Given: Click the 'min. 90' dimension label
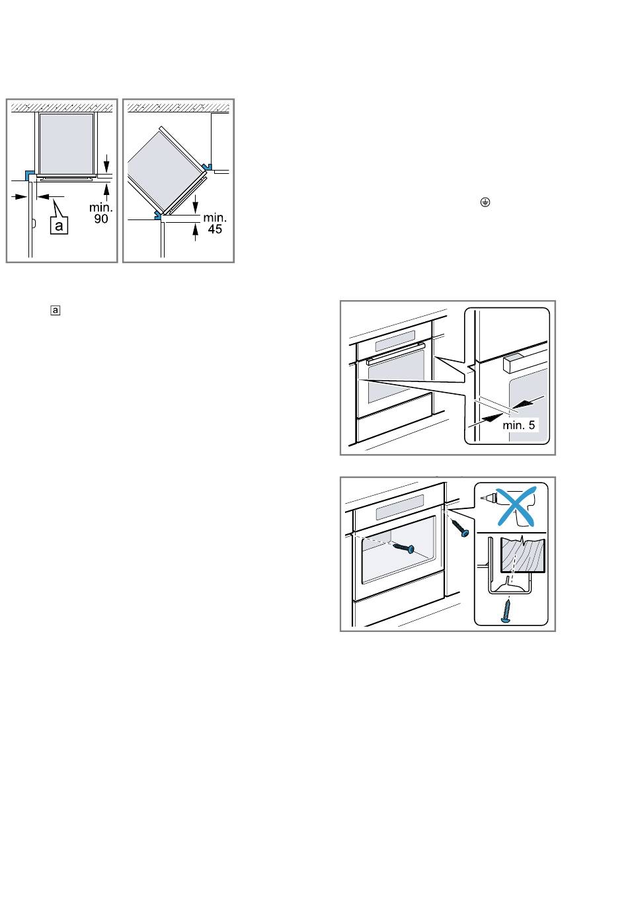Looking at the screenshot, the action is [x=100, y=213].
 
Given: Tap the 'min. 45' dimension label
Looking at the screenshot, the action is [x=215, y=223].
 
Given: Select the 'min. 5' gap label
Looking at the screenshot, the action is [x=518, y=425].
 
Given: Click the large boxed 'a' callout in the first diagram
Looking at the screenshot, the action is [x=59, y=225].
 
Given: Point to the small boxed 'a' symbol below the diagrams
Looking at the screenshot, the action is [x=56, y=311].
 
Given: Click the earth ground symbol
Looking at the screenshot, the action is [x=485, y=202].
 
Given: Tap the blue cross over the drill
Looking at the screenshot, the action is [x=516, y=506].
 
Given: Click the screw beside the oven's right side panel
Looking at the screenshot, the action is [x=460, y=528].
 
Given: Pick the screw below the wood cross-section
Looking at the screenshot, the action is [x=506, y=610].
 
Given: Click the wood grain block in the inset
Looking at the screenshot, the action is [x=523, y=555].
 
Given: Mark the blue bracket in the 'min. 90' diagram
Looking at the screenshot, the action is [x=30, y=176].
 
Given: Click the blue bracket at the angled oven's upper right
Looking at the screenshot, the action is [x=207, y=166].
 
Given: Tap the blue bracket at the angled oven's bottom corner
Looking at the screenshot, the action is [x=157, y=215].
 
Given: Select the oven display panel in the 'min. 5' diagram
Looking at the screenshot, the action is [x=395, y=340].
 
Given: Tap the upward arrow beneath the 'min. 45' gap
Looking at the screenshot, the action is [x=196, y=232].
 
